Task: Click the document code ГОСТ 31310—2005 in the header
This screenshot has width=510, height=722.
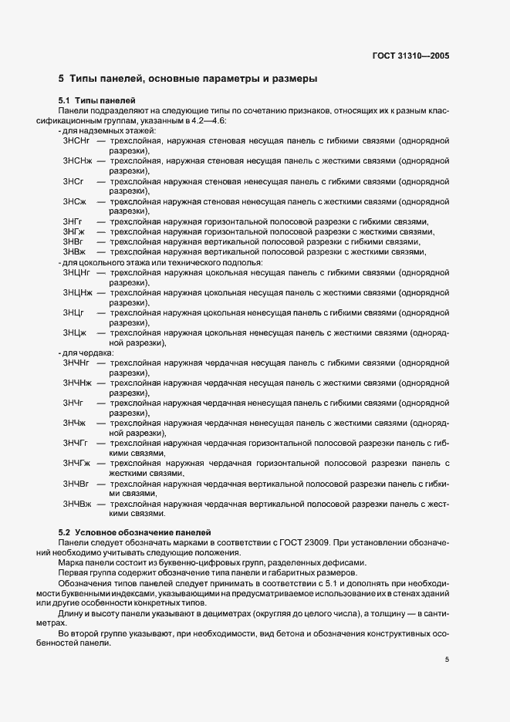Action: [410, 56]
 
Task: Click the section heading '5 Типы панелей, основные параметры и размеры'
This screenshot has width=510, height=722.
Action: [187, 79]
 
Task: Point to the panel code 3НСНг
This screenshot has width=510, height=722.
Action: [76, 141]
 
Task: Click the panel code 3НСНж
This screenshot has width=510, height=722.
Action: [77, 161]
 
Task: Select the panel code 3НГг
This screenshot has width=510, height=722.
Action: [73, 221]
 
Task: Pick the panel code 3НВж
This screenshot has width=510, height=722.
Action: [74, 251]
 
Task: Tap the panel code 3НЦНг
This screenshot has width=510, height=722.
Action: [77, 272]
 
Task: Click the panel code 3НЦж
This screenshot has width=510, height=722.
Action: [74, 332]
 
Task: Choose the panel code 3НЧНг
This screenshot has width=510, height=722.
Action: [77, 363]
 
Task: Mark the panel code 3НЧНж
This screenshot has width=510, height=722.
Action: [78, 383]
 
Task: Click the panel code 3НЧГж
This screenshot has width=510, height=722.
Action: [76, 463]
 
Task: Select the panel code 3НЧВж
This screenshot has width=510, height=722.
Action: [77, 503]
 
